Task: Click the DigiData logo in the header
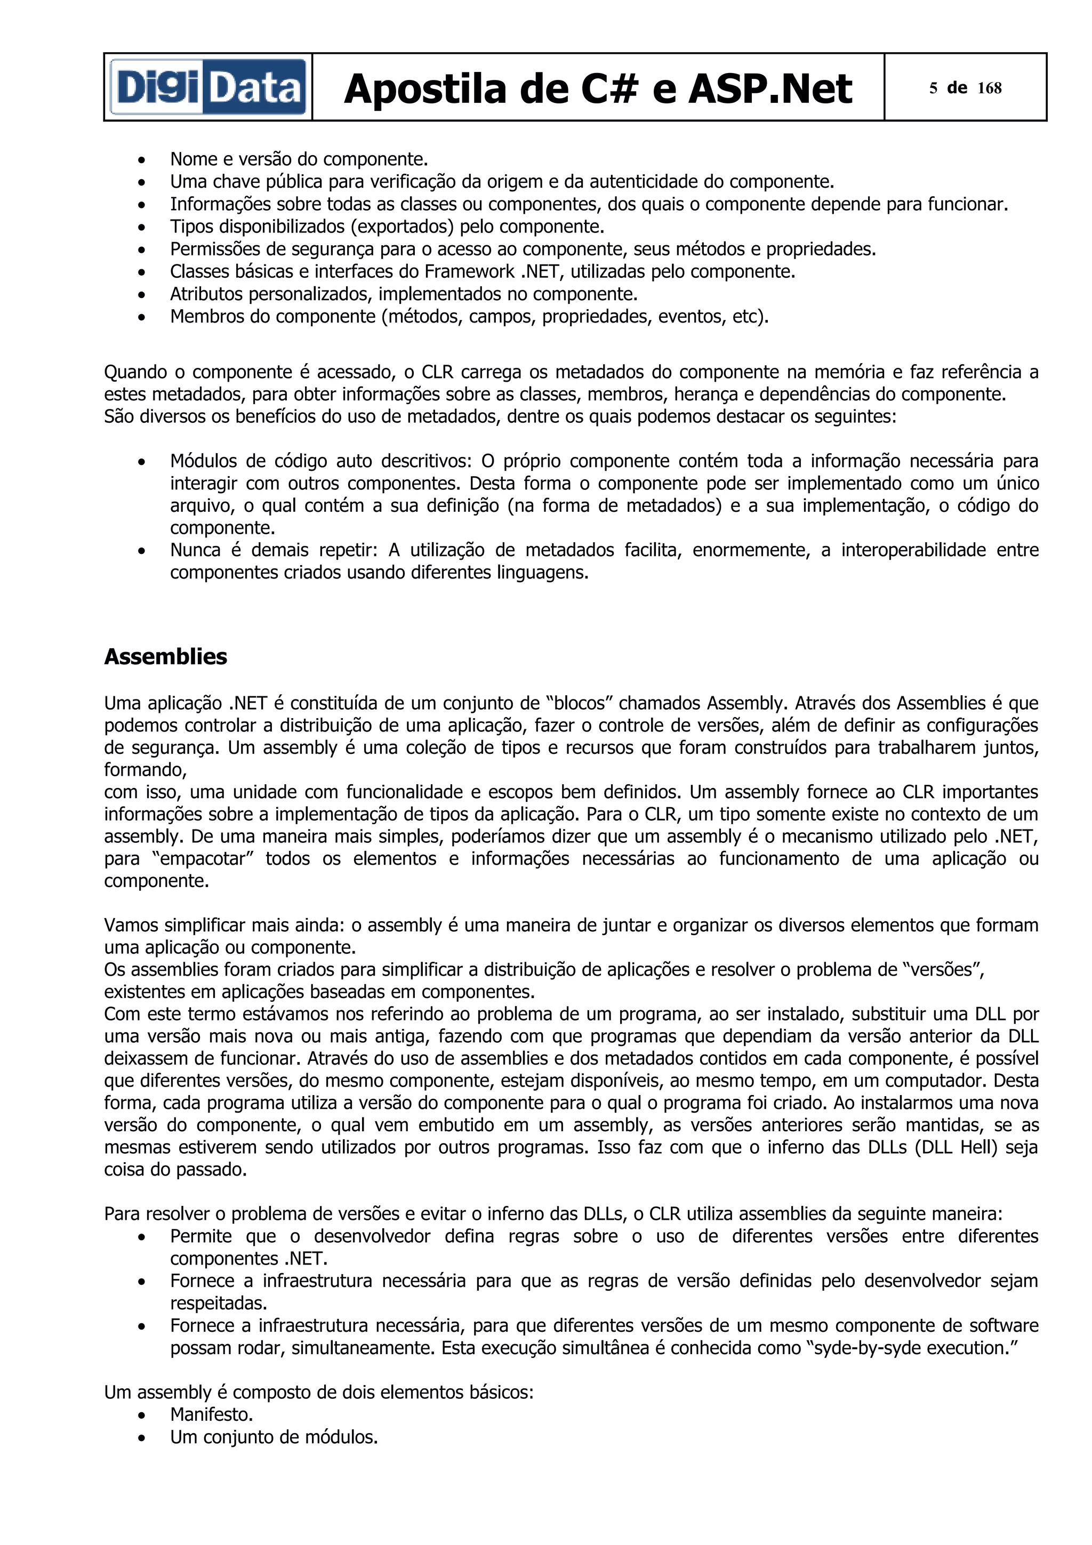(208, 87)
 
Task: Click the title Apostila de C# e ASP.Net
(598, 89)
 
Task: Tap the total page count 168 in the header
(989, 88)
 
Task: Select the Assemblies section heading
(165, 657)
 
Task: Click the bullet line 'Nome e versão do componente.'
(299, 159)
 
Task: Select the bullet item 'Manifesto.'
(211, 1414)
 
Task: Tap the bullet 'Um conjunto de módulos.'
(273, 1437)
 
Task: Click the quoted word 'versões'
(943, 970)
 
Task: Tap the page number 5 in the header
(933, 88)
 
